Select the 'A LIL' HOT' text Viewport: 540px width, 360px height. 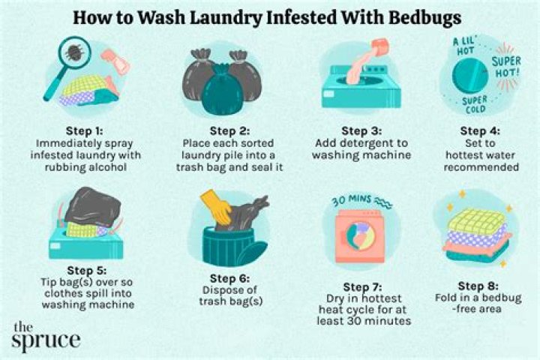[x=460, y=46]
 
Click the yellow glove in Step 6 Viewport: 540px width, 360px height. [x=218, y=209]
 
